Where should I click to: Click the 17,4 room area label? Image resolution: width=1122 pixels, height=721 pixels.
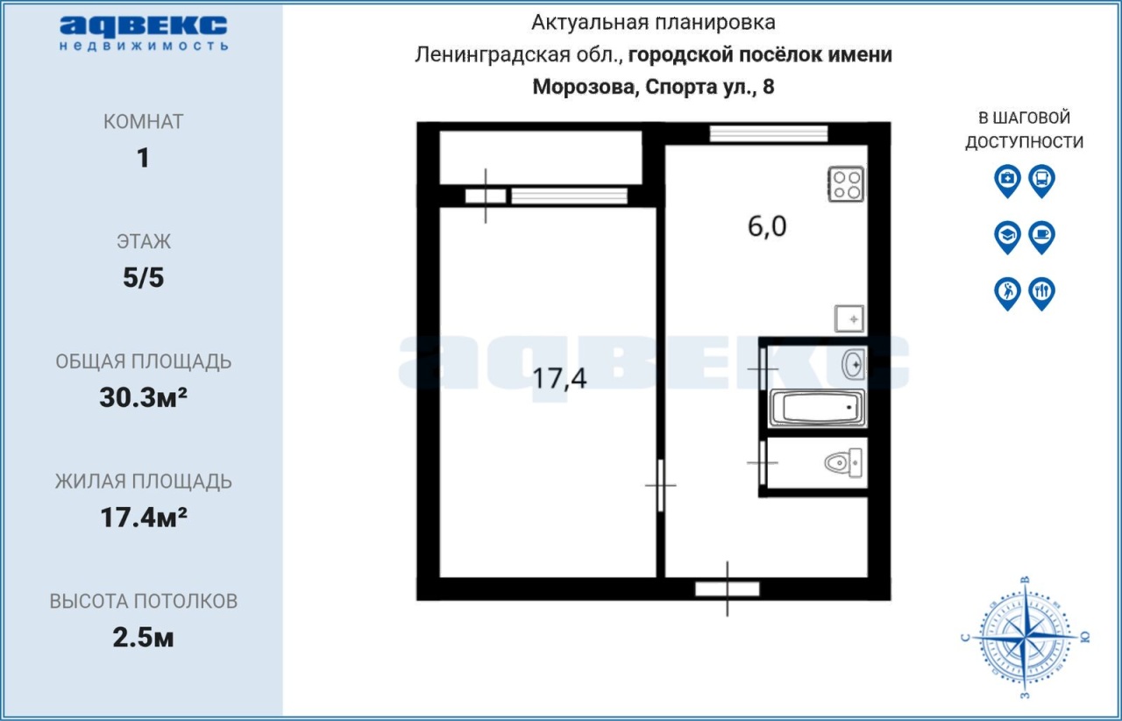coord(559,379)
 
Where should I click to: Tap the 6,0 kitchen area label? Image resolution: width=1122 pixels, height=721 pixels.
coord(767,226)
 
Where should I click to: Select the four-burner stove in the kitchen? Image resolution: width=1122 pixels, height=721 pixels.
coord(846,184)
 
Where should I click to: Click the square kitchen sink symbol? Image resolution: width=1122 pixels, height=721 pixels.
coord(849,319)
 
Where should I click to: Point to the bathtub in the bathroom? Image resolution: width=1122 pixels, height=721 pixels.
coord(818,408)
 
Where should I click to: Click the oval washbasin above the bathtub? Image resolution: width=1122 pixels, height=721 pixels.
coord(854,364)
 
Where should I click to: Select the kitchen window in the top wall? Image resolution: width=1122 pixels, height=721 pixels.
coord(769,134)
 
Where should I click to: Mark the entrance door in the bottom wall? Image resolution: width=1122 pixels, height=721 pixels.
coord(728,589)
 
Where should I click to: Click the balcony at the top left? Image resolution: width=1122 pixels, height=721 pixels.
coord(541,158)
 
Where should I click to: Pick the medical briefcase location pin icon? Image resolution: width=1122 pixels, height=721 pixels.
coord(1007,181)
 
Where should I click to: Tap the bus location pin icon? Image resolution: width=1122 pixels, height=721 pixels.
coord(1042,181)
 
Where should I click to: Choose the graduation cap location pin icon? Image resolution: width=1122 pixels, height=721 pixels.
coord(1007,237)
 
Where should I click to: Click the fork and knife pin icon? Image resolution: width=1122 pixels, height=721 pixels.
coord(1042,293)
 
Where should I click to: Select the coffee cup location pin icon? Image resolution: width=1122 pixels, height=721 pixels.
coord(1042,237)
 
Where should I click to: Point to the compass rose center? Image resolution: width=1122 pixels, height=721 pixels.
coord(1026,638)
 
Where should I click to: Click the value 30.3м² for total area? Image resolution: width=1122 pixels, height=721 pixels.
coord(143,397)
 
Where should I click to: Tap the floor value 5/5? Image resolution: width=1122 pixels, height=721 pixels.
coord(143,277)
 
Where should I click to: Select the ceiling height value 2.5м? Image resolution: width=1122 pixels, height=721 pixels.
coord(143,638)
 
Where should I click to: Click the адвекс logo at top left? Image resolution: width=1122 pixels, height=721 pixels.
coord(144,33)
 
